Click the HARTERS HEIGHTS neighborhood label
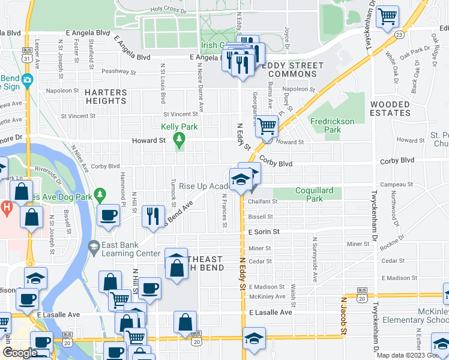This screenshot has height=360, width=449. point(106,97)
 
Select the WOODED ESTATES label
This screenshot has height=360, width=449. point(390,109)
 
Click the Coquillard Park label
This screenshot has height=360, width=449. point(314,194)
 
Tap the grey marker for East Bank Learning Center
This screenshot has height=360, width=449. point(93,247)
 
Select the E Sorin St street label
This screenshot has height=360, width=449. point(264,231)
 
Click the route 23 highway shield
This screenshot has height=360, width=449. point(399,35)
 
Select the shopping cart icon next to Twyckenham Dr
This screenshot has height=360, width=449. point(388,16)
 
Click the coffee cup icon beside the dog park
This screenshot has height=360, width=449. point(108,215)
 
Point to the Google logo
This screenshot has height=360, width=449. point(20,353)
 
